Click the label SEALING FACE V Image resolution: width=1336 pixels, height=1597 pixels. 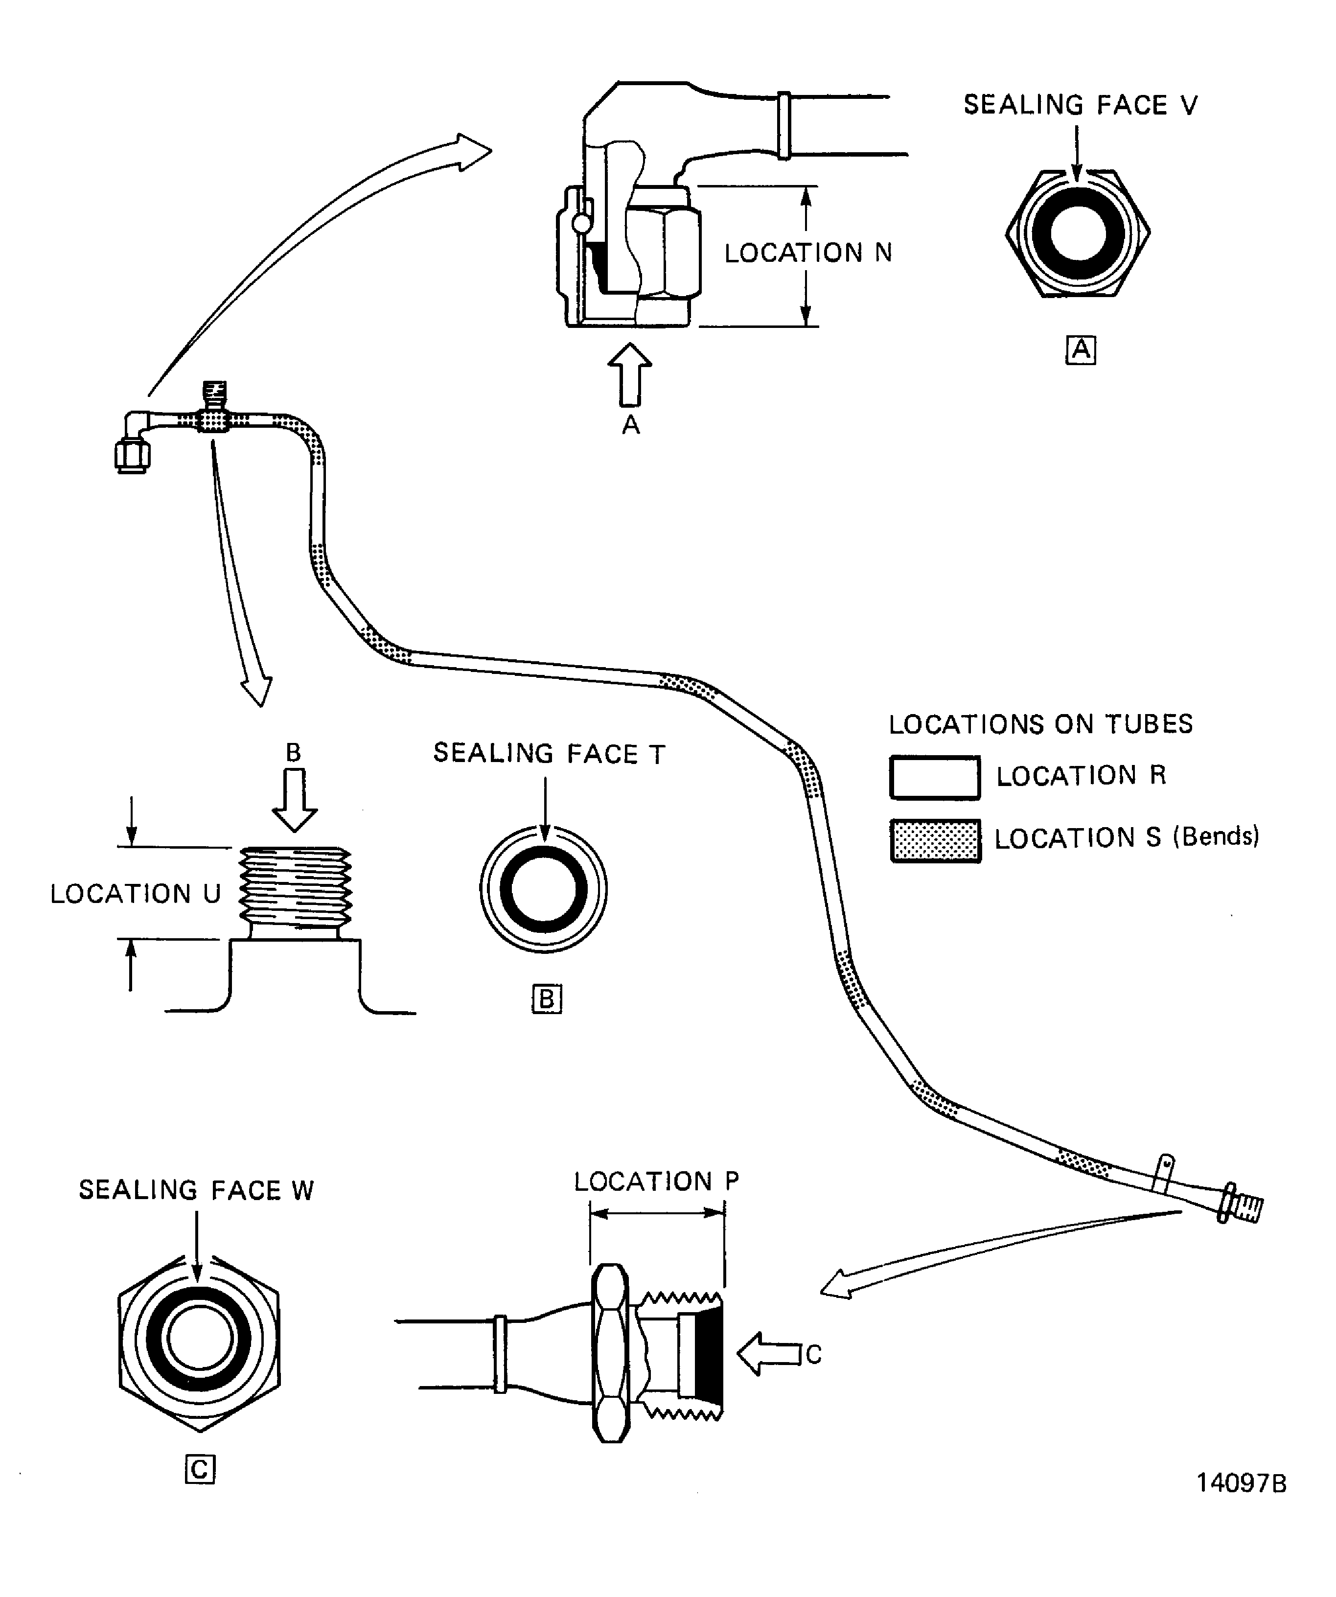point(1080,105)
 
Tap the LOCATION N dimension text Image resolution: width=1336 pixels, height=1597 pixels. point(807,253)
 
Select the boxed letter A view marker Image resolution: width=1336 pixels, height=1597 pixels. point(1081,350)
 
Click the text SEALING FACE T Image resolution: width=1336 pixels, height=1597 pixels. point(549,754)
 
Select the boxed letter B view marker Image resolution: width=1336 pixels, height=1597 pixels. point(547,998)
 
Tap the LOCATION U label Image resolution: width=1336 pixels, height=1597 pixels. point(136,894)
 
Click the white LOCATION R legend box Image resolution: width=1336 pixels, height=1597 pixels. point(935,777)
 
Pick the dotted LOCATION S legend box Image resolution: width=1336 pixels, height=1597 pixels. point(935,840)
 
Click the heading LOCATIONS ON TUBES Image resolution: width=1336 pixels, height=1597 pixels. point(1040,724)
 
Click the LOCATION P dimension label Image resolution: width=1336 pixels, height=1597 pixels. point(656,1181)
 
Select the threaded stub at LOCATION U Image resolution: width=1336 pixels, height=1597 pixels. point(295,890)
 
